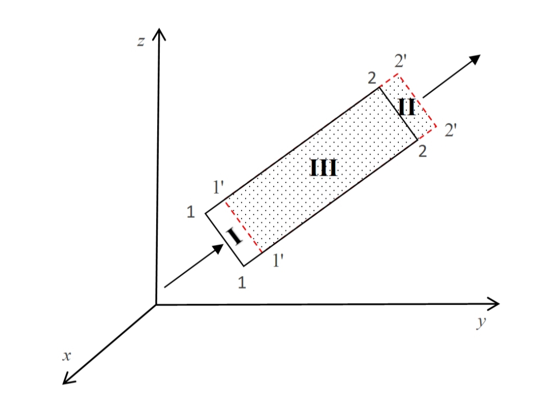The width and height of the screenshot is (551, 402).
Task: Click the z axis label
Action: (x=141, y=42)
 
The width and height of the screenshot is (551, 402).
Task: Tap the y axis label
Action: (x=481, y=321)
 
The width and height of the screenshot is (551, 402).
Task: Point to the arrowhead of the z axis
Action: (x=159, y=34)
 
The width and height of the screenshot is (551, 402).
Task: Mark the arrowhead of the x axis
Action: (x=68, y=379)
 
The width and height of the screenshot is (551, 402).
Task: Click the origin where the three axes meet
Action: (x=156, y=305)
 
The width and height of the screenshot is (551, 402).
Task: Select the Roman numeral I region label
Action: (x=234, y=236)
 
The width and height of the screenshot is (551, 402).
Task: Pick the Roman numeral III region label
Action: (x=324, y=167)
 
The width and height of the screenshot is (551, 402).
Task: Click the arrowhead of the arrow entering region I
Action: (x=218, y=248)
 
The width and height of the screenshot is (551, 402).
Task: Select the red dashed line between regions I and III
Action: (x=244, y=227)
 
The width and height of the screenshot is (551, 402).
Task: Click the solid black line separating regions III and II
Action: (x=399, y=113)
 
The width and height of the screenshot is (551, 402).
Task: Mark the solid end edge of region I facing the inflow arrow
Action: (x=225, y=239)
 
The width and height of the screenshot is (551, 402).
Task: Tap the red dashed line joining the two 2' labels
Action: (x=417, y=100)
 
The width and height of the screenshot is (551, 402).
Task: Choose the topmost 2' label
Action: (x=400, y=61)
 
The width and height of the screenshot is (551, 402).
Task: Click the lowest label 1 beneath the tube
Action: (x=242, y=283)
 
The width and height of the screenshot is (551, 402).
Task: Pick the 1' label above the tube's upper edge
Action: (x=218, y=187)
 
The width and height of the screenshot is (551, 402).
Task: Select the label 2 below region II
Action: (x=422, y=152)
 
